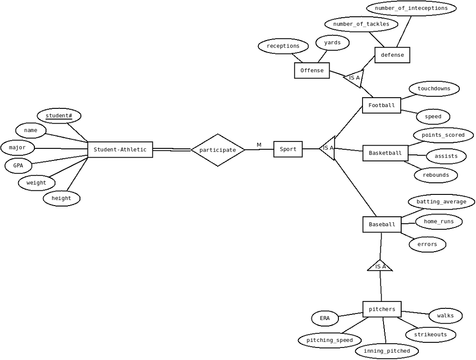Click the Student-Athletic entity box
click(120, 149)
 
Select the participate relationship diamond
click(218, 150)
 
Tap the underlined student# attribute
click(59, 116)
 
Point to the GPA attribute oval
click(18, 166)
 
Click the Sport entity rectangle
click(288, 149)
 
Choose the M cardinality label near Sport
click(259, 145)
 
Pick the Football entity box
click(382, 106)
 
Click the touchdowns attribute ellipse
click(434, 89)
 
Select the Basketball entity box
click(385, 153)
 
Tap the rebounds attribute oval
click(436, 175)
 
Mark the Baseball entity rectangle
click(382, 225)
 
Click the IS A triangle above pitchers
click(380, 267)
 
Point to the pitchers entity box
click(382, 309)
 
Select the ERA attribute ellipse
click(325, 319)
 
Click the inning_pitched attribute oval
click(387, 351)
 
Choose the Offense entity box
click(312, 71)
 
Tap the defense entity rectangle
click(392, 55)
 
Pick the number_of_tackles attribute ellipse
click(361, 24)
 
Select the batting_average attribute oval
click(442, 202)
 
